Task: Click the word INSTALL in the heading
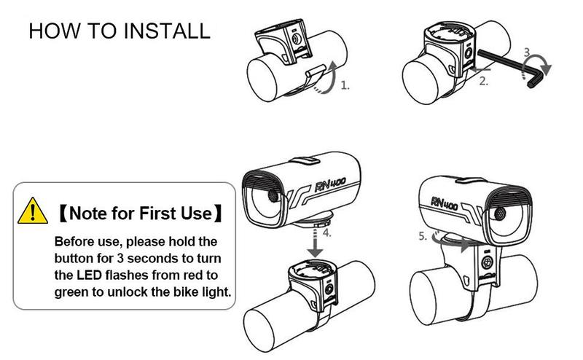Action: pyautogui.click(x=167, y=31)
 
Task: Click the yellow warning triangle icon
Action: pyautogui.click(x=33, y=211)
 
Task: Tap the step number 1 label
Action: pyautogui.click(x=345, y=85)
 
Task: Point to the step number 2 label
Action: pyautogui.click(x=483, y=81)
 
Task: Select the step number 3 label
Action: pyautogui.click(x=527, y=52)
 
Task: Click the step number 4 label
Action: pyautogui.click(x=326, y=233)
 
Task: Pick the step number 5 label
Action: pyautogui.click(x=423, y=236)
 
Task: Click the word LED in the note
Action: pyautogui.click(x=89, y=275)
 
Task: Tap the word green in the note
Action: pyautogui.click(x=71, y=293)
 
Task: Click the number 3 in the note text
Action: pyautogui.click(x=120, y=258)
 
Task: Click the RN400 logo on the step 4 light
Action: pyautogui.click(x=330, y=184)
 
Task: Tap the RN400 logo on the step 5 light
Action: pyautogui.click(x=445, y=203)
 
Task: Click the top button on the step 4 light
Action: pyautogui.click(x=304, y=160)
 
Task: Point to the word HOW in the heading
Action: pyautogui.click(x=54, y=31)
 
